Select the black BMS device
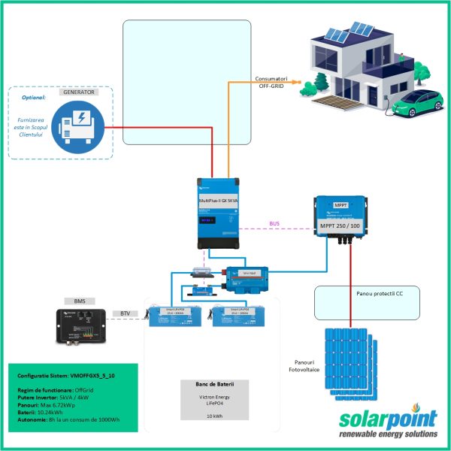coord(81,325)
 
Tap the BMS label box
coord(80,300)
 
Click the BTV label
coord(126,313)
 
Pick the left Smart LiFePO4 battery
coord(174,314)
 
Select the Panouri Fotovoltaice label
coord(305,365)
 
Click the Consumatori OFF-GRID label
coord(273,82)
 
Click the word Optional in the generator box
coord(34,98)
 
